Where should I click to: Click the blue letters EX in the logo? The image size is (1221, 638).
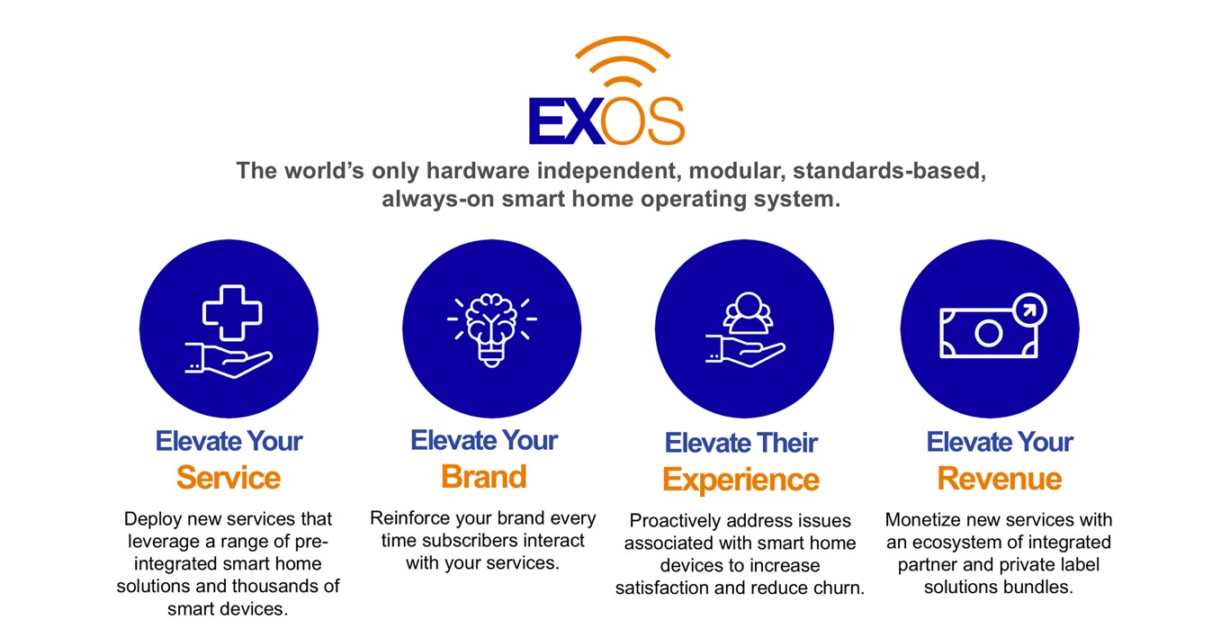point(566,121)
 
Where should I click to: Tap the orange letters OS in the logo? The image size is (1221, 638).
point(642,121)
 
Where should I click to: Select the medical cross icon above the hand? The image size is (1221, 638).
point(232,313)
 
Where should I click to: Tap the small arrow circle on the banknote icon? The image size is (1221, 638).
point(1029,310)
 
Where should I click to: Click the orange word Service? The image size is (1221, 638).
point(229,478)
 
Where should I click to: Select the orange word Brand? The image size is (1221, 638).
point(484,477)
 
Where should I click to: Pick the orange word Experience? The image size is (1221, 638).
point(741,480)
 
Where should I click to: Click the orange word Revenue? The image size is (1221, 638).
point(1000,479)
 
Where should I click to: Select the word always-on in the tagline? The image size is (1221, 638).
point(437,199)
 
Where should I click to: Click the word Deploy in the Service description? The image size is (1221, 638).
point(153,520)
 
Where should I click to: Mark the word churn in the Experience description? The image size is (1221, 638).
point(838,588)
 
